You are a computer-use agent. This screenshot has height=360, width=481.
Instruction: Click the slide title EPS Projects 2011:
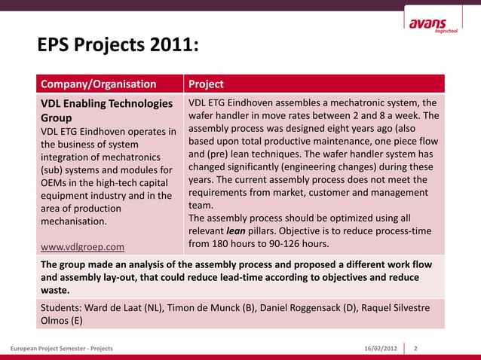[118, 47]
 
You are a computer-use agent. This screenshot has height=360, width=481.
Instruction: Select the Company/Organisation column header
[98, 84]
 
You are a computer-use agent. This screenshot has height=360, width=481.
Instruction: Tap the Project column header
[206, 84]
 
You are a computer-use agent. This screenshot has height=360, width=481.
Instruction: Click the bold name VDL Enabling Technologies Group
[106, 111]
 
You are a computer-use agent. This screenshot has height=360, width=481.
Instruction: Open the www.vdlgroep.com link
[82, 246]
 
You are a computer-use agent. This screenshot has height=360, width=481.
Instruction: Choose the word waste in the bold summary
[54, 290]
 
